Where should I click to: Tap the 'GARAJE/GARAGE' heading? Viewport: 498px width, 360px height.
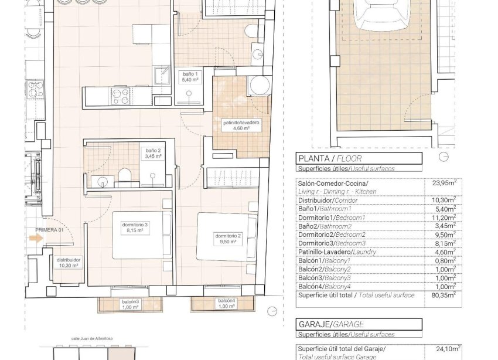coord(331,324)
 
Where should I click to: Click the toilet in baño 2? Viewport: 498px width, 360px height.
coord(124,175)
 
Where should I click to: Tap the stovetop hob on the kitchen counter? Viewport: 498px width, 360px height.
coord(120,95)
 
